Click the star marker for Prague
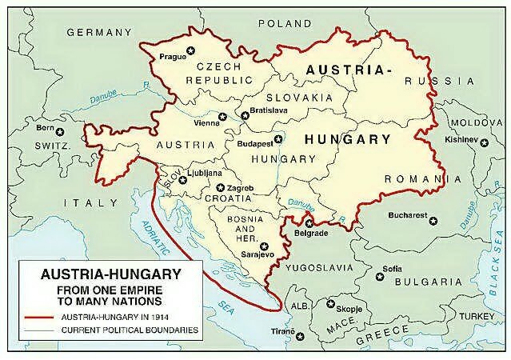[190, 52]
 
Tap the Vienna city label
[207, 123]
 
